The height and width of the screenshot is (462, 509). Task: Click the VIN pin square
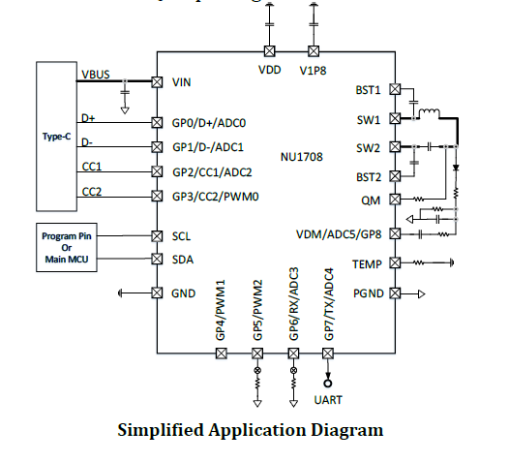(x=157, y=82)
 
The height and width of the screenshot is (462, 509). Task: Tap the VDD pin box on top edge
(x=269, y=51)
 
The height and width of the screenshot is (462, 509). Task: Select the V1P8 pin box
(x=314, y=51)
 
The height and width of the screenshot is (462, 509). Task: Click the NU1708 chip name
(x=302, y=157)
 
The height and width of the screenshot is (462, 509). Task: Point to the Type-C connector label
(x=56, y=137)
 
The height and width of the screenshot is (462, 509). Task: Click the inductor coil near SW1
(x=430, y=113)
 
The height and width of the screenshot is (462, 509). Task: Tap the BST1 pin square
(x=395, y=89)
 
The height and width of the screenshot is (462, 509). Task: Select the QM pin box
(x=395, y=200)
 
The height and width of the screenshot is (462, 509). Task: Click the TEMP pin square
(x=395, y=262)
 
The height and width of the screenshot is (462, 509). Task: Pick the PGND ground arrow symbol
(x=422, y=294)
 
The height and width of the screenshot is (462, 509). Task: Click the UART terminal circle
(x=328, y=384)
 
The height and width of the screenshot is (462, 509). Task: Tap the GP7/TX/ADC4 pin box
(x=328, y=354)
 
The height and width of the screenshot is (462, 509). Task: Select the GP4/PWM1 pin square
(x=222, y=354)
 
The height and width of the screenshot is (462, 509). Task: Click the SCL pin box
(x=157, y=236)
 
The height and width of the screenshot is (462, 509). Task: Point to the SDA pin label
(x=183, y=260)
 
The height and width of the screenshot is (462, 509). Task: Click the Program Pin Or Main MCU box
(x=67, y=247)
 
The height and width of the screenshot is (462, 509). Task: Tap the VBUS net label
(x=96, y=75)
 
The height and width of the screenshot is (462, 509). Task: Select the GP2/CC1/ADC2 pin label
(x=212, y=172)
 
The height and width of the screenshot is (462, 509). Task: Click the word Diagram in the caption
(x=347, y=430)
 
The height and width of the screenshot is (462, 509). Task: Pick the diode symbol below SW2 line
(x=456, y=168)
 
